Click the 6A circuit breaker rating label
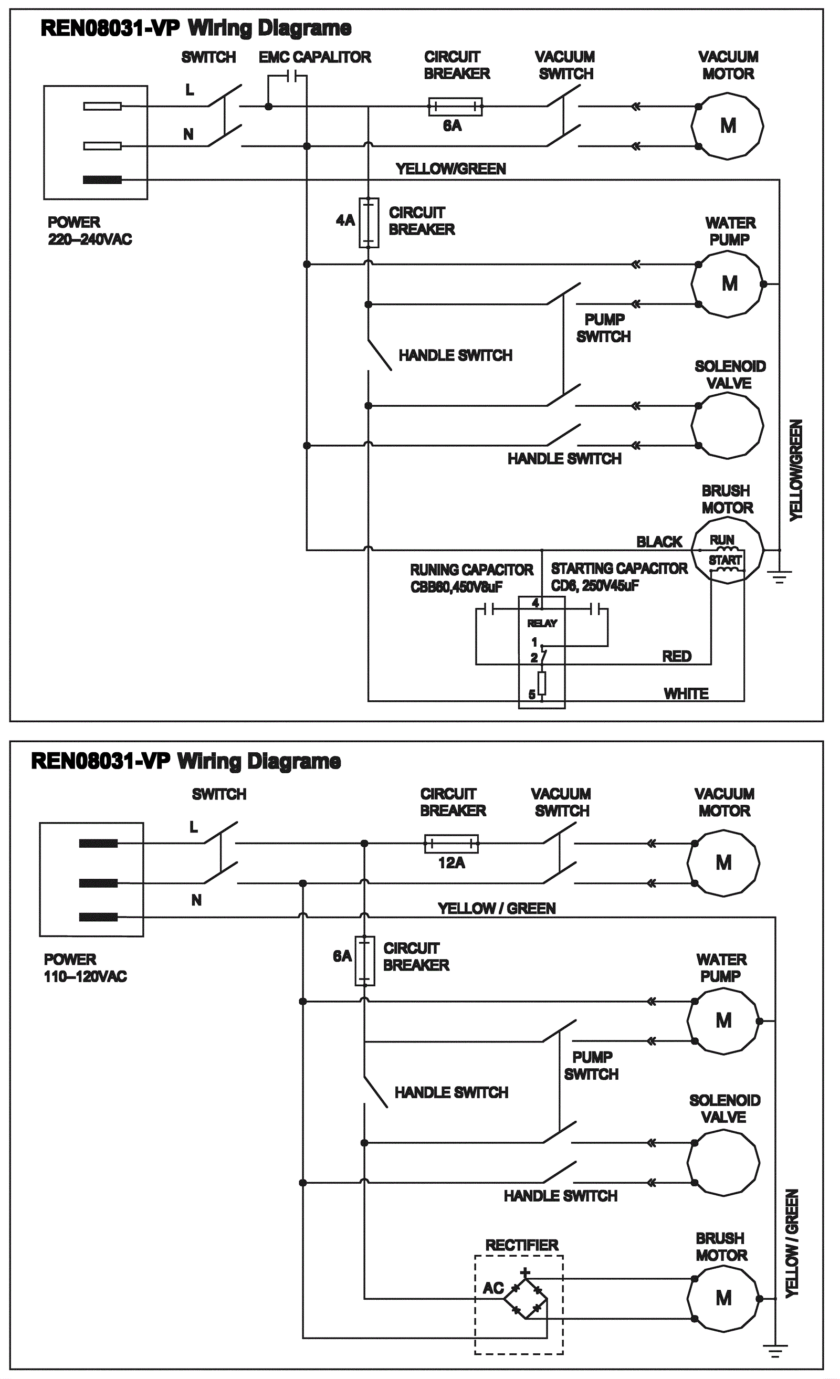click(452, 126)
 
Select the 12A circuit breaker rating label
click(451, 862)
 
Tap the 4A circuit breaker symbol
click(369, 223)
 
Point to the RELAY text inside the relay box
click(542, 624)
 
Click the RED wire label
click(677, 657)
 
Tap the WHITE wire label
click(686, 694)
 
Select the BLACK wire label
click(659, 542)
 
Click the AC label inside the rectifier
click(493, 1288)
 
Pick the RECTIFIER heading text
click(521, 1245)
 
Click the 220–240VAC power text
click(90, 239)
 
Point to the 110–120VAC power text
click(86, 976)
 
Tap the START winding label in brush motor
click(725, 560)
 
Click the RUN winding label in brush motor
click(722, 540)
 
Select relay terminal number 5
click(532, 695)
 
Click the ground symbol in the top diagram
click(780, 576)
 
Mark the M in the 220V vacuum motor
click(728, 126)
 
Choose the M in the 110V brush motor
click(723, 1298)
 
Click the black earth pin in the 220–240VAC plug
click(102, 180)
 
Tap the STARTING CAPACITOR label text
click(619, 569)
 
